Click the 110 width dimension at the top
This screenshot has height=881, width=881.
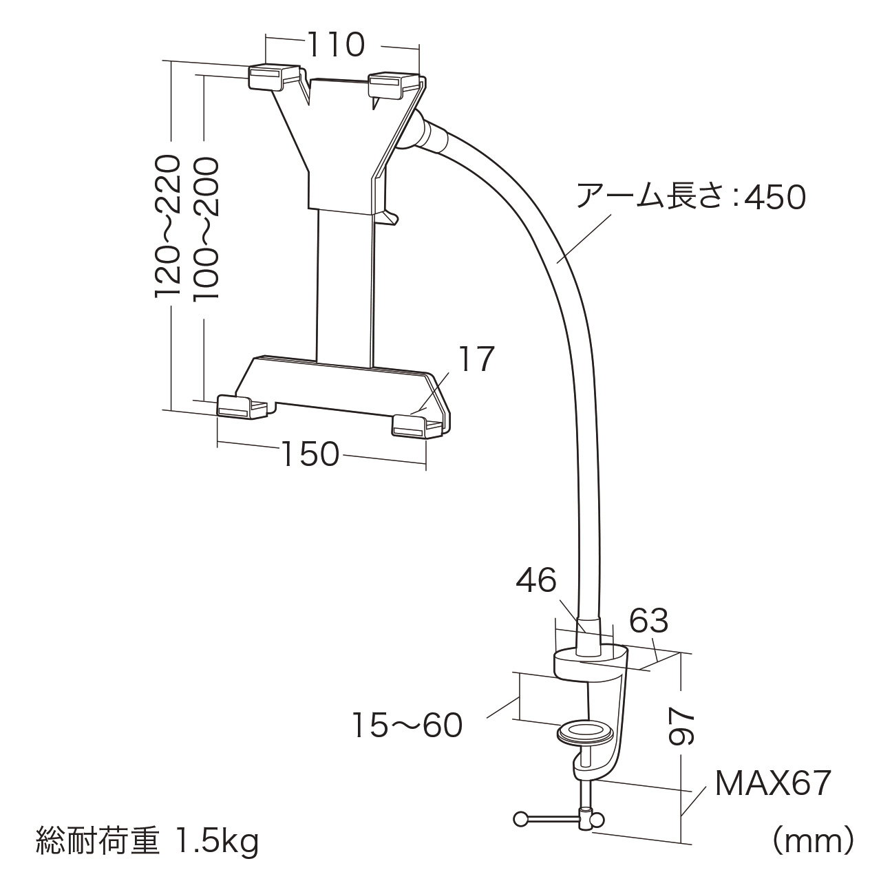coord(336,44)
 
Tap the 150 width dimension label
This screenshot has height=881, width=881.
coord(310,454)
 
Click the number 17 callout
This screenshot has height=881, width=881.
coord(476,359)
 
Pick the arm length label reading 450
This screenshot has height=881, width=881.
coord(691,198)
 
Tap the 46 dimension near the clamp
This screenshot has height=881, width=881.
coord(535,581)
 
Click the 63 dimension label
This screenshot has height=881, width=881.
coord(649,620)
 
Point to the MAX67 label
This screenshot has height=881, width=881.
coord(772,783)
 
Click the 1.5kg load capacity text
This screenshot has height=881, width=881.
coord(217,840)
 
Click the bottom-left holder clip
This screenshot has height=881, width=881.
coord(241,407)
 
